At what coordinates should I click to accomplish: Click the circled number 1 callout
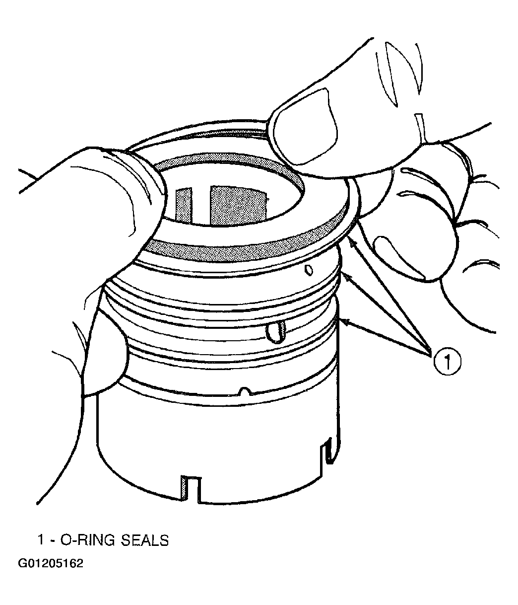(447, 362)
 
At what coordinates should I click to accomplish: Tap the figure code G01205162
(51, 571)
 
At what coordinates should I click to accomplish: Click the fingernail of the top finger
(304, 127)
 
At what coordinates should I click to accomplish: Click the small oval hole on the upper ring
(309, 270)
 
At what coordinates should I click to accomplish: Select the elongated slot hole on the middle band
(276, 332)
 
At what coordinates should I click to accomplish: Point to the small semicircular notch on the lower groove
(245, 391)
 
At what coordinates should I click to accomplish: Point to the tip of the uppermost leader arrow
(349, 238)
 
